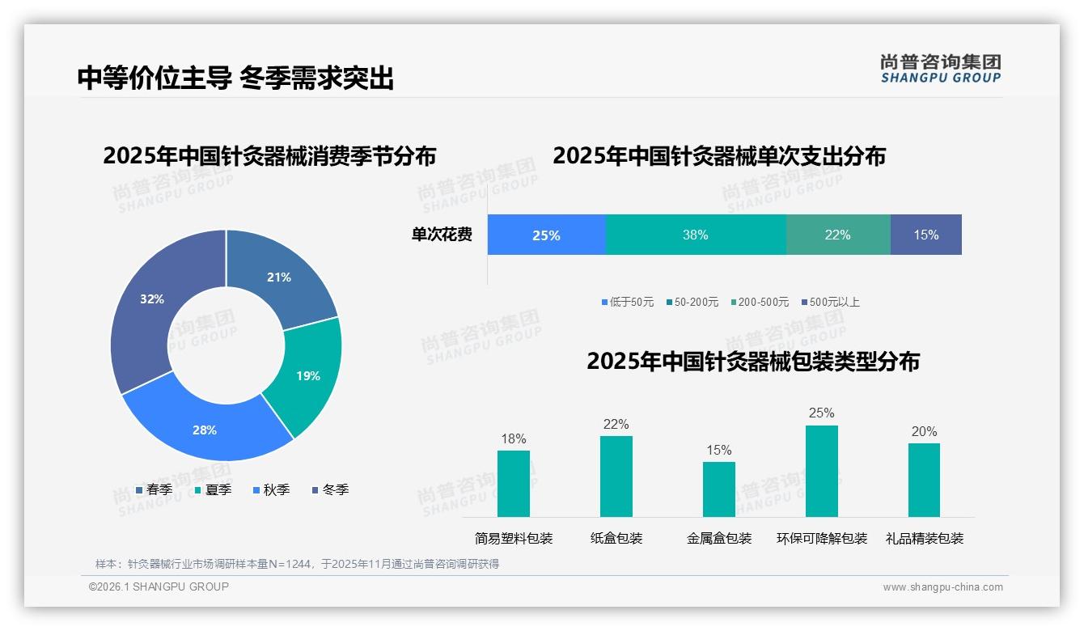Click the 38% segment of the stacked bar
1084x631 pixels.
(696, 235)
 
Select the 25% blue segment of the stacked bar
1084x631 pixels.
(546, 235)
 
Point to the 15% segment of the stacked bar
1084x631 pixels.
(925, 235)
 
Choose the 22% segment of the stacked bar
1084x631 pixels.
(837, 235)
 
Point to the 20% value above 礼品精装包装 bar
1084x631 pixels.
(924, 432)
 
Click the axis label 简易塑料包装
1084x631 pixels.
(514, 539)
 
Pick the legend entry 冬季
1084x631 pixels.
(335, 490)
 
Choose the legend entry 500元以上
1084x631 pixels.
(833, 303)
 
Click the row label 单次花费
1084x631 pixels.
(442, 235)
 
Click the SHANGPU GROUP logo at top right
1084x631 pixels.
(940, 69)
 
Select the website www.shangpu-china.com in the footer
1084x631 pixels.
(942, 587)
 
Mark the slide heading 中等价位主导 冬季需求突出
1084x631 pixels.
(235, 78)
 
